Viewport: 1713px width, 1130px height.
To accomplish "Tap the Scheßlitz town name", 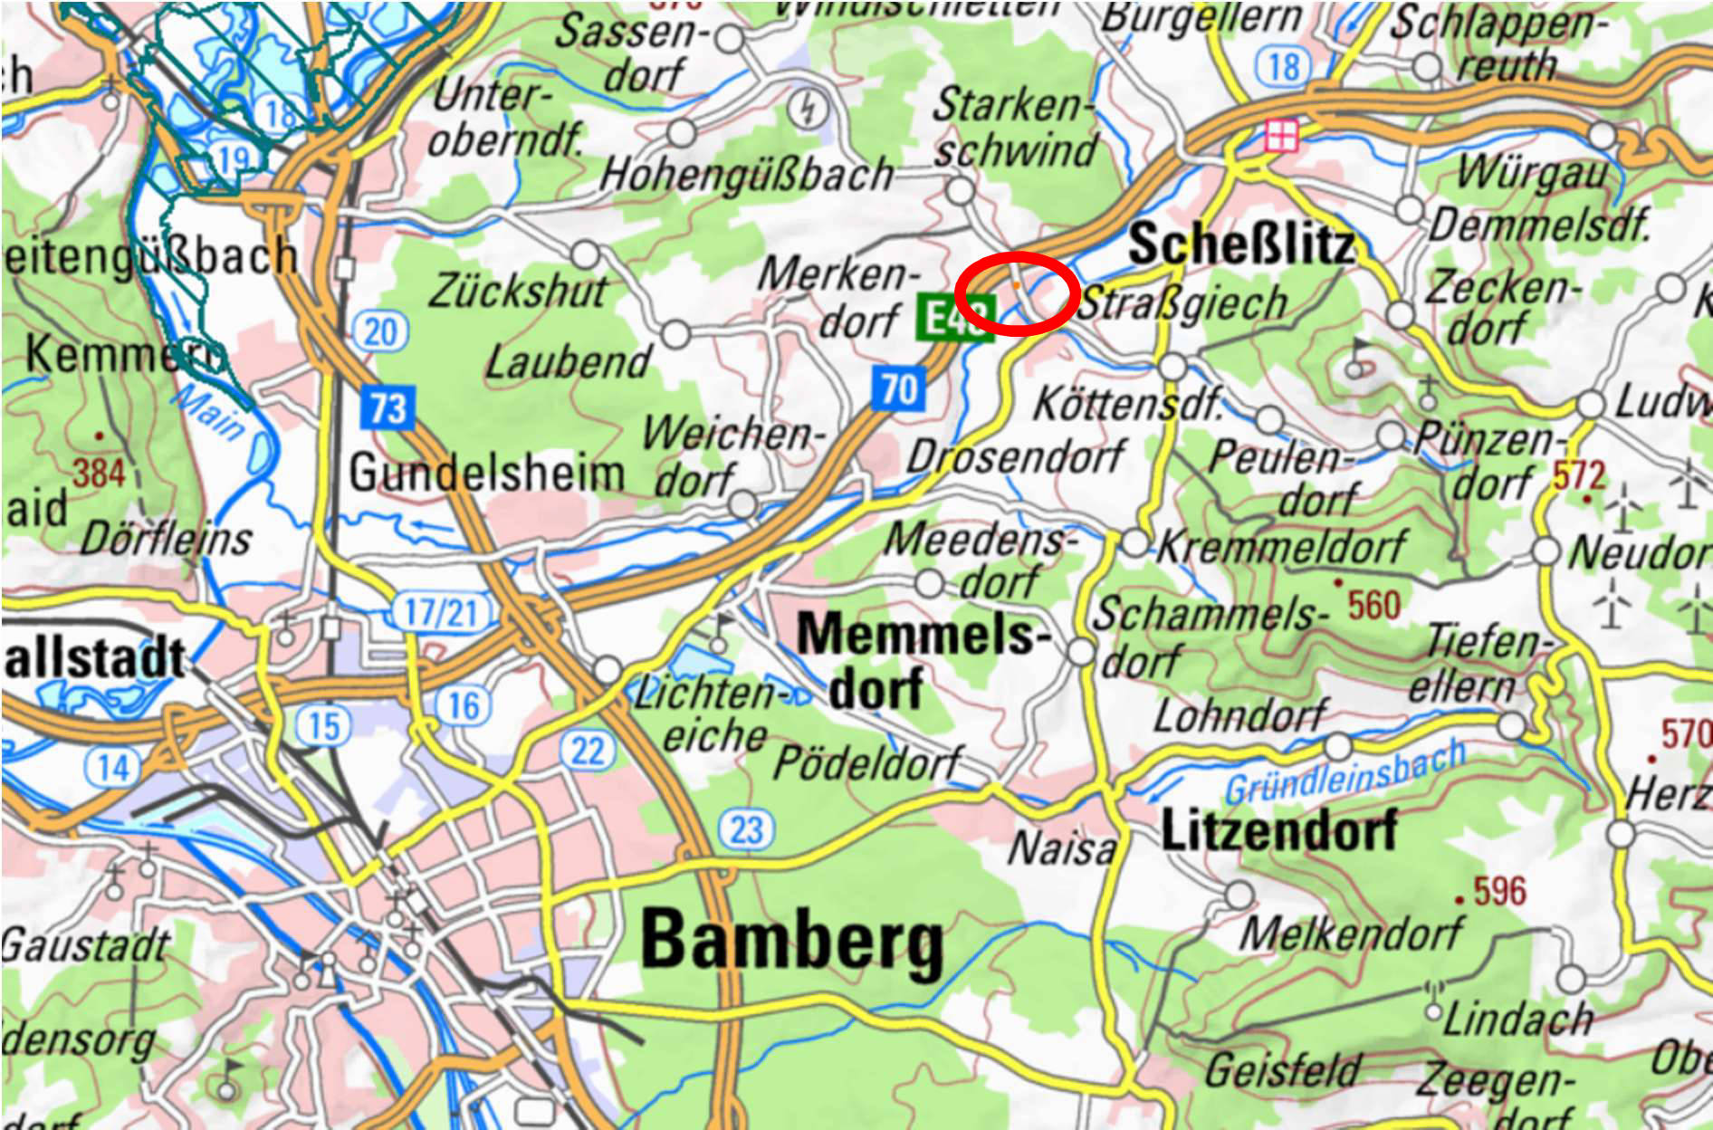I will [1241, 244].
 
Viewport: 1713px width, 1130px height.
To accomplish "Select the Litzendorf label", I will [1278, 830].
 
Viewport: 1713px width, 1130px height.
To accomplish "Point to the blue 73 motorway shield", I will [388, 407].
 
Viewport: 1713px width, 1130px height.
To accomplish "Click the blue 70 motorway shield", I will [899, 389].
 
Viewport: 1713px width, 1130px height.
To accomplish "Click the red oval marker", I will [1017, 294].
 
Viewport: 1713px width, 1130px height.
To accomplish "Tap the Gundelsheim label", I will [487, 473].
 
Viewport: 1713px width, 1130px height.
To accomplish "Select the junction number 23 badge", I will [746, 829].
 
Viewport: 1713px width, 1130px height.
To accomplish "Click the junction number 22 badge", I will [588, 751].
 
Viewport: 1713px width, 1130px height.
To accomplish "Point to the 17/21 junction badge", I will [440, 613].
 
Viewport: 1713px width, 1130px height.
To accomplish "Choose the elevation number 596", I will [1499, 891].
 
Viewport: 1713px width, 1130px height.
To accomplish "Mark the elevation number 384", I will [98, 473].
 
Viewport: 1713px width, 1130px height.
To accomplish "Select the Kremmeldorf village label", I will [1281, 546].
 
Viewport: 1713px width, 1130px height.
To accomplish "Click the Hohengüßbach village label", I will [746, 174].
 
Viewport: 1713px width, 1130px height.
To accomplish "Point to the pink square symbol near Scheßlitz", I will [1281, 136].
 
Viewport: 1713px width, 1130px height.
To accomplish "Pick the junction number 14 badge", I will [113, 768].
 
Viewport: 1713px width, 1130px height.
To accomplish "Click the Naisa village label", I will [1061, 849].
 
